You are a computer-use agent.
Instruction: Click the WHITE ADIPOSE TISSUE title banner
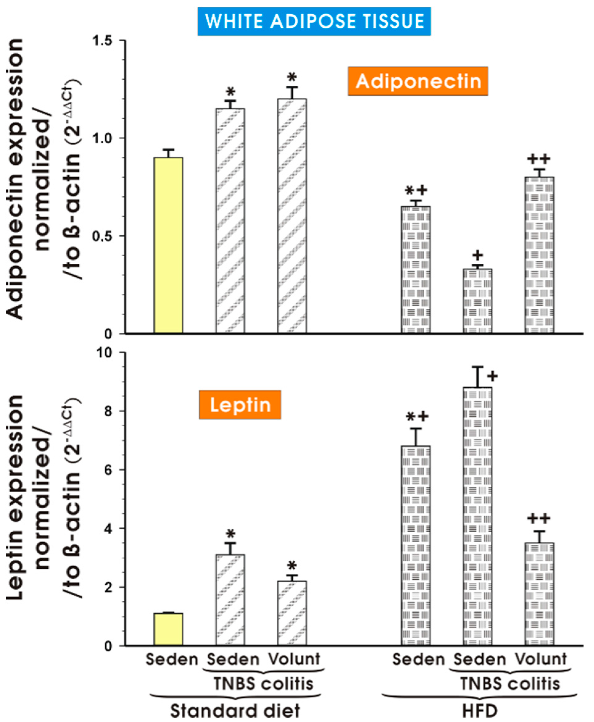314,21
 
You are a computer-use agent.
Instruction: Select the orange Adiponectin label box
418,81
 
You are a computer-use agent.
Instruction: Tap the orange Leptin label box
240,405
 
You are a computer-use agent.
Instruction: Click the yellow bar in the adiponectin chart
168,245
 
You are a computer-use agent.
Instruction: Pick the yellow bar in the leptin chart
168,629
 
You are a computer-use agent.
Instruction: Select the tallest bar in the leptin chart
477,517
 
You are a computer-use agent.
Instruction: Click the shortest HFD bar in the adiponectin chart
477,301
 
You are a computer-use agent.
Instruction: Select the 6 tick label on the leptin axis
108,470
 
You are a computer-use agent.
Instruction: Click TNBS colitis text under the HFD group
510,684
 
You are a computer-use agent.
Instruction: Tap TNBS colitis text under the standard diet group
263,684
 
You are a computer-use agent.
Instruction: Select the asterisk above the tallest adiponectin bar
291,77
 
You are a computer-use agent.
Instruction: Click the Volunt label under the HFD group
541,659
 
